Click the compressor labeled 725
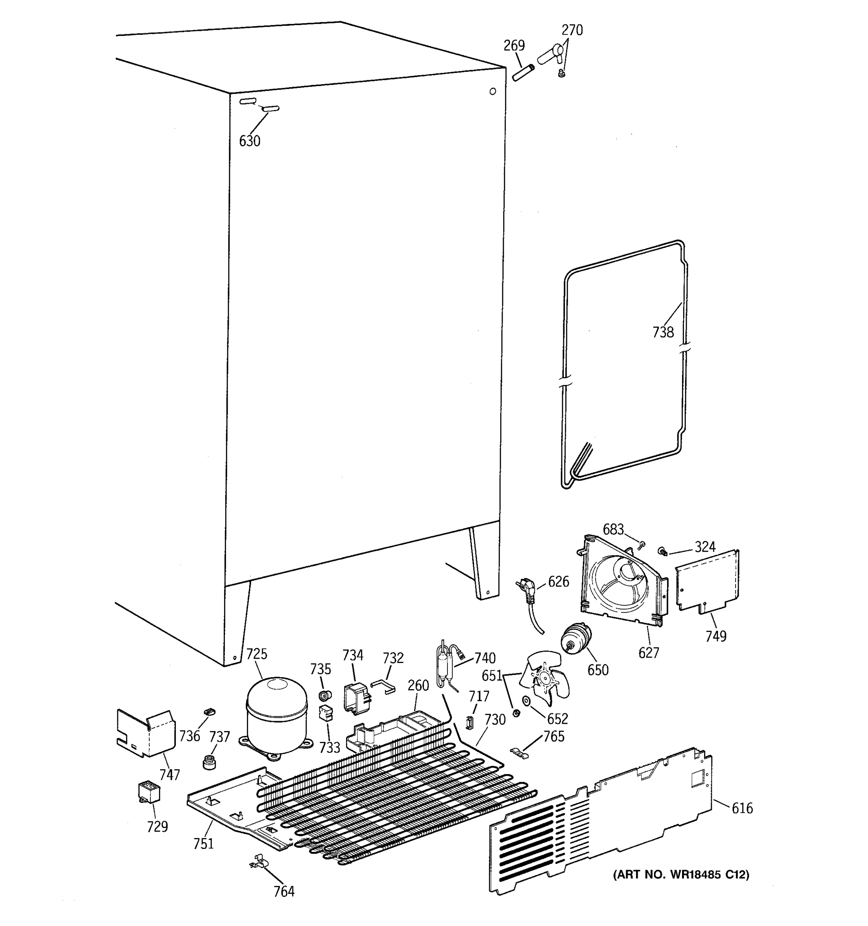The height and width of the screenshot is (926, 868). pos(277,715)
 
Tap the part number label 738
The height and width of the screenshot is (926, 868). pos(663,332)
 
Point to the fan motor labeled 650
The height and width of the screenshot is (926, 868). pos(575,638)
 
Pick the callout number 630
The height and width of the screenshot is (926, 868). pos(250,141)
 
